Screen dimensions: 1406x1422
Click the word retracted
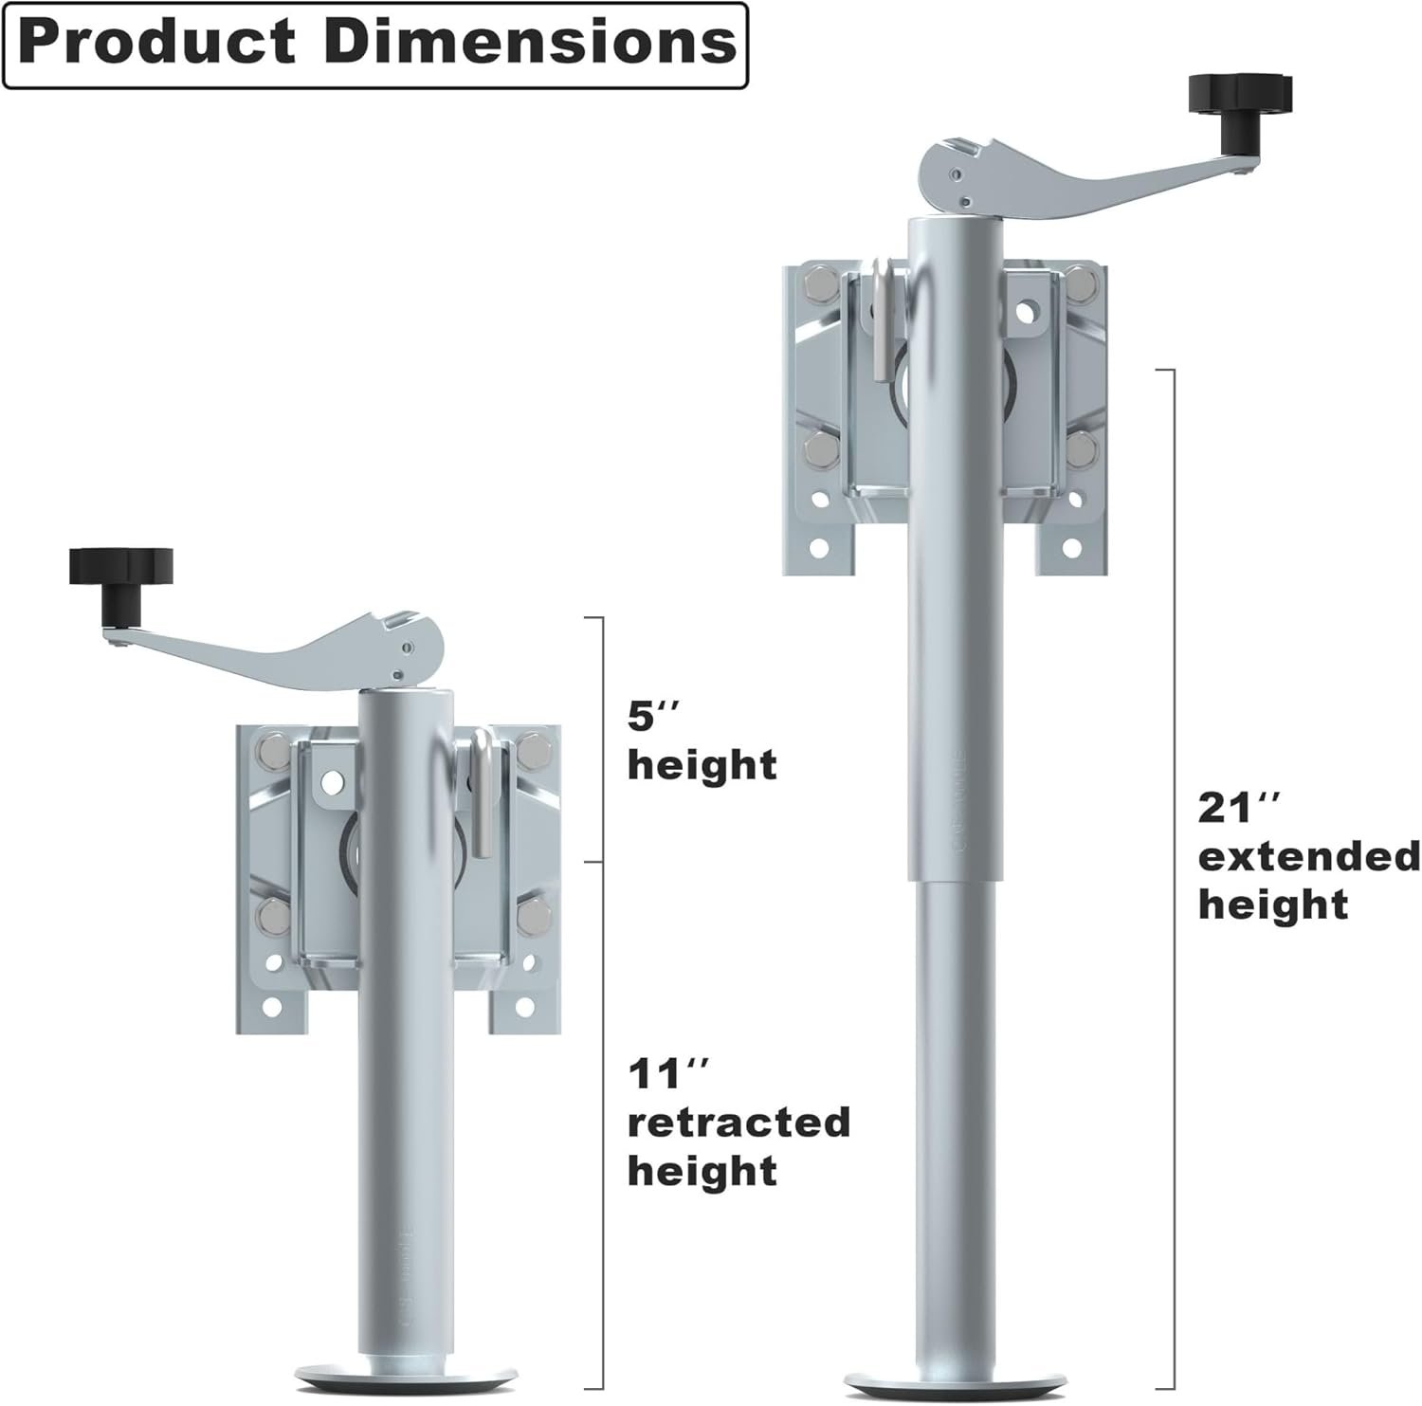coord(738,1123)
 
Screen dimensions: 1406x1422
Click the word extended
coord(1309,857)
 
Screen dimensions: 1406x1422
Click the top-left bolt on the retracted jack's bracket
coord(268,752)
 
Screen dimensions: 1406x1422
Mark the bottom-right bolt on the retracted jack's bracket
coord(534,917)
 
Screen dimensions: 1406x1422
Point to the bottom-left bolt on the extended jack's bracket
coord(817,446)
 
